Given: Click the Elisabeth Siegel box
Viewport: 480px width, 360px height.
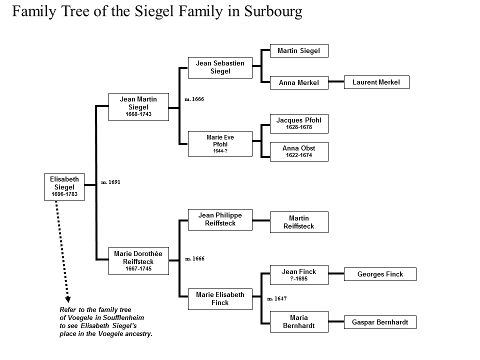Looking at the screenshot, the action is coord(64,187).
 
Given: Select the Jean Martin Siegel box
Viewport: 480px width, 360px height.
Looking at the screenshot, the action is coord(138,107).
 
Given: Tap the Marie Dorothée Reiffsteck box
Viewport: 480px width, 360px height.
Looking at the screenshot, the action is coord(138,261).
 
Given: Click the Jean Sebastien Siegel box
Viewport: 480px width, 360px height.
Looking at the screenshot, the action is coord(220,67).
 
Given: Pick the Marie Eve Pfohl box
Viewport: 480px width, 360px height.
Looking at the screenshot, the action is coord(220,144).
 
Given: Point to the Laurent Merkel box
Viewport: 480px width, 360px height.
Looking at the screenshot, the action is coord(376,82).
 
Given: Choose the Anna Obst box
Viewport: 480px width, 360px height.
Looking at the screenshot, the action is coord(299,151).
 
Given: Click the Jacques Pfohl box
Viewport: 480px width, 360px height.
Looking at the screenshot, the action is coord(299,123).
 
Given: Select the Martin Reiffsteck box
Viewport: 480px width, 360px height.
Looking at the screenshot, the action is coord(299,222).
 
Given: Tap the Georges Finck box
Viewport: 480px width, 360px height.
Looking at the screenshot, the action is coord(380,274).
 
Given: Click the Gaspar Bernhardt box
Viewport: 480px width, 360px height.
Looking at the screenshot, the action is coord(380,322).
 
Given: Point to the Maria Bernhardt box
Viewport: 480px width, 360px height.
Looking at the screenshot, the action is coord(299,321).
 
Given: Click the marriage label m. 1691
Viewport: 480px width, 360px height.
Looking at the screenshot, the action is coord(111,182).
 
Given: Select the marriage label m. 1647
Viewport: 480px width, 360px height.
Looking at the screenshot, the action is coord(277,298).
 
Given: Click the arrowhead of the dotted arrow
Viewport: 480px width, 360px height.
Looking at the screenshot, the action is coord(68,299).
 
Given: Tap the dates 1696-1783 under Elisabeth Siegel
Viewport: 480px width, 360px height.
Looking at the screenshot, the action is coord(64,194).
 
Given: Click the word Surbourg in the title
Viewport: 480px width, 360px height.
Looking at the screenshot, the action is coord(273,11).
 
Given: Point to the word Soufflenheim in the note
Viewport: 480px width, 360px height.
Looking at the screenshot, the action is coord(123,318).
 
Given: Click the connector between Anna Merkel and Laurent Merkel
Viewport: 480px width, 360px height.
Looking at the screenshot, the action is coord(336,81).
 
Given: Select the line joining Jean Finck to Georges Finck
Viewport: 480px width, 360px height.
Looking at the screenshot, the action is coord(336,273).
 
